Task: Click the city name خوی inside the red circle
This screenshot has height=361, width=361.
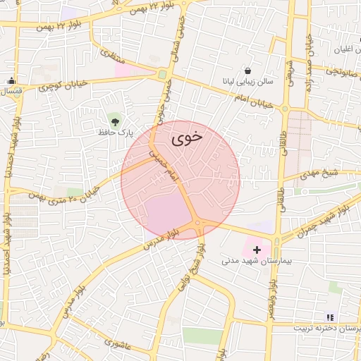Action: pyautogui.click(x=186, y=137)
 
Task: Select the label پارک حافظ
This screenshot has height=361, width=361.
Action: pyautogui.click(x=115, y=133)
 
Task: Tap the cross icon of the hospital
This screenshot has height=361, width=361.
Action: pyautogui.click(x=257, y=250)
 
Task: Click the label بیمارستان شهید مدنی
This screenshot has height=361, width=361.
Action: pyautogui.click(x=251, y=261)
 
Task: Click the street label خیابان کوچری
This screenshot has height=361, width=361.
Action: pyautogui.click(x=63, y=85)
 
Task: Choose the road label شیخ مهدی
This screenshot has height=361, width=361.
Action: pyautogui.click(x=321, y=173)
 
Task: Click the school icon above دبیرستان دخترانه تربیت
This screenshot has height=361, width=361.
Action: pyautogui.click(x=330, y=317)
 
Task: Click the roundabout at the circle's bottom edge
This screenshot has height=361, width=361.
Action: pyautogui.click(x=199, y=224)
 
